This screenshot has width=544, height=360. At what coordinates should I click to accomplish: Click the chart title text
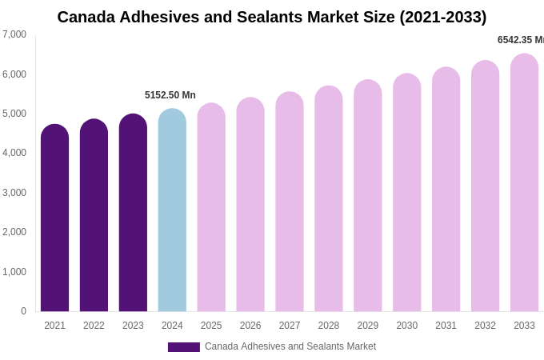[x=271, y=17]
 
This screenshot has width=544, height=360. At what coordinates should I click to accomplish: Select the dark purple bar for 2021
[x=54, y=220]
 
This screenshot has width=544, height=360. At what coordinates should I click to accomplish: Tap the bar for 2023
[x=133, y=214]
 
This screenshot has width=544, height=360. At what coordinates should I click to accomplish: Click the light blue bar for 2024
[x=172, y=212]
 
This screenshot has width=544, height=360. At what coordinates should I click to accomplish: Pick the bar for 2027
[x=290, y=204]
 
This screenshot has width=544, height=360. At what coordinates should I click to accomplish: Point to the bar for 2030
[x=406, y=194]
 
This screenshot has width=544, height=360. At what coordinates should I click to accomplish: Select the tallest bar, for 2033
[x=524, y=184]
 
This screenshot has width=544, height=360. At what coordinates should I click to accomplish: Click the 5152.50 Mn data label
[x=170, y=95]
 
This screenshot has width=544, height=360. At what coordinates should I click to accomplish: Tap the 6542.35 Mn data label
[x=521, y=40]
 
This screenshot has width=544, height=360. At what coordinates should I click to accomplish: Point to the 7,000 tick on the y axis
[x=14, y=34]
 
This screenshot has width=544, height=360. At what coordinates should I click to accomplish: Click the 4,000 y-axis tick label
[x=14, y=153]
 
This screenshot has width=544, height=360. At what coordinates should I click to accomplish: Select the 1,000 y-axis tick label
[x=14, y=272]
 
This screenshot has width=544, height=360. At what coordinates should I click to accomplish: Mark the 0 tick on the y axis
[x=23, y=311]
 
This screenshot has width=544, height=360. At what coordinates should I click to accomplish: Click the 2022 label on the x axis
[x=94, y=326]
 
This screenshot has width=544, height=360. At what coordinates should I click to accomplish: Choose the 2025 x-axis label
[x=211, y=326]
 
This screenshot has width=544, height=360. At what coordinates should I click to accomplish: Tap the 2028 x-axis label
[x=329, y=326]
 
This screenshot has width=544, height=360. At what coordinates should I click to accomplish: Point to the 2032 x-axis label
[x=485, y=326]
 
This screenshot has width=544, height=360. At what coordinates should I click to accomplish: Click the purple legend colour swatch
[x=184, y=347]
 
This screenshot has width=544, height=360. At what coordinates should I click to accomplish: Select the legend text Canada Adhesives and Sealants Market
[x=290, y=346]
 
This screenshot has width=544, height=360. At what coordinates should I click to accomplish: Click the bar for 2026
[x=250, y=206]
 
